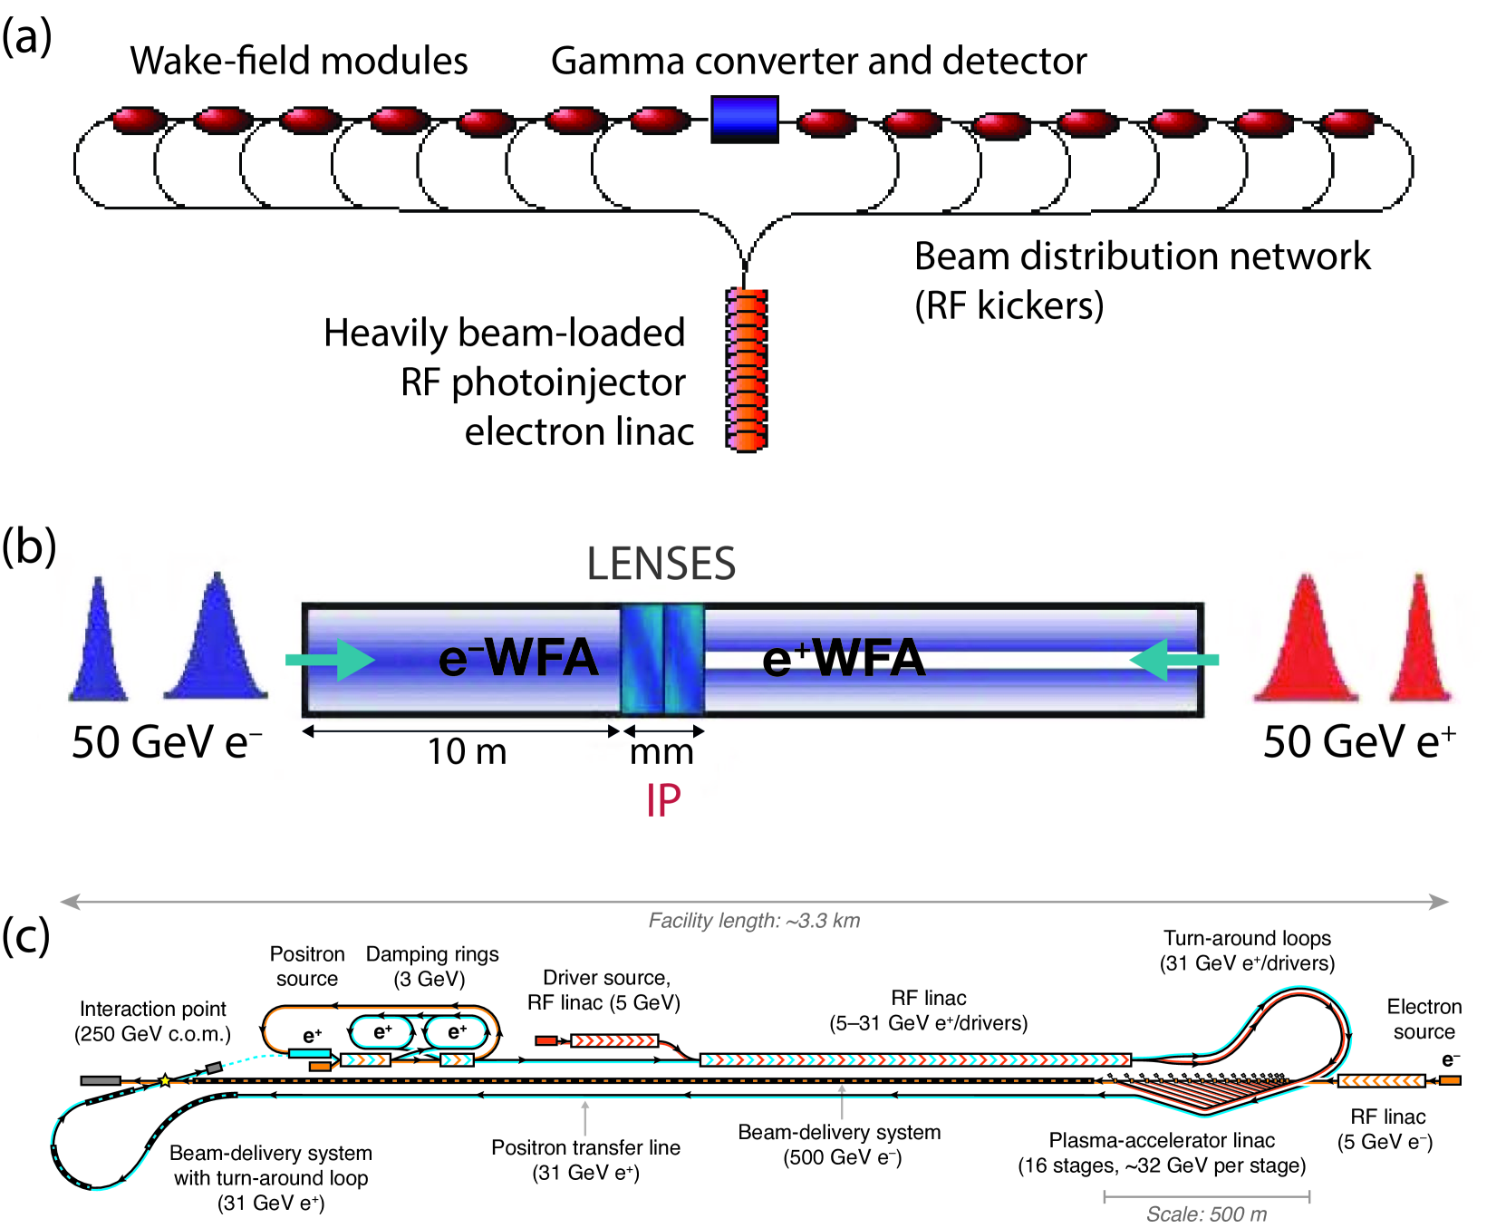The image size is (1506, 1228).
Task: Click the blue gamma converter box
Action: [745, 119]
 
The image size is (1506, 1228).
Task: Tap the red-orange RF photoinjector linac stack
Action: [747, 370]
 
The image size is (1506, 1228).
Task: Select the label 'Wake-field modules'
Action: [299, 61]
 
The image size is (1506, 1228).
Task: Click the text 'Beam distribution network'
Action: [1142, 256]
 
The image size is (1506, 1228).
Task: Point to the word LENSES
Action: [661, 564]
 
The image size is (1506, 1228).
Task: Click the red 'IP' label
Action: [663, 800]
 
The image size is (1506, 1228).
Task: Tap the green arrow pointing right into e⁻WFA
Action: [330, 660]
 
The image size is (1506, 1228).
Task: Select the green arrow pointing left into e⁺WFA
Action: [1174, 660]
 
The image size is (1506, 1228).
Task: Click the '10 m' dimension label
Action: [467, 751]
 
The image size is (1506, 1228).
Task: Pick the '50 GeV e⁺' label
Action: [1359, 741]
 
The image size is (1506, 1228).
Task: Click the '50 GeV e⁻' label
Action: [167, 741]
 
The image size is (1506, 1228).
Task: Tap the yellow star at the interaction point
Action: [165, 1080]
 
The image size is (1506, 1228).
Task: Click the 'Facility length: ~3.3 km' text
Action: [754, 921]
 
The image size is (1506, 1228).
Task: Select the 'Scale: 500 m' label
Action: [1207, 1214]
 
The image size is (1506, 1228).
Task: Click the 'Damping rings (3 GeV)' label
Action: [432, 966]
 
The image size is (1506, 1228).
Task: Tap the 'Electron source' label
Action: [1424, 1019]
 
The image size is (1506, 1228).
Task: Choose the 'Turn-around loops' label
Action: [1248, 938]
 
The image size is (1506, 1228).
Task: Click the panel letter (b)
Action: [29, 546]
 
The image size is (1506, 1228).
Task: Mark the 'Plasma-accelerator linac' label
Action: [1162, 1140]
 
